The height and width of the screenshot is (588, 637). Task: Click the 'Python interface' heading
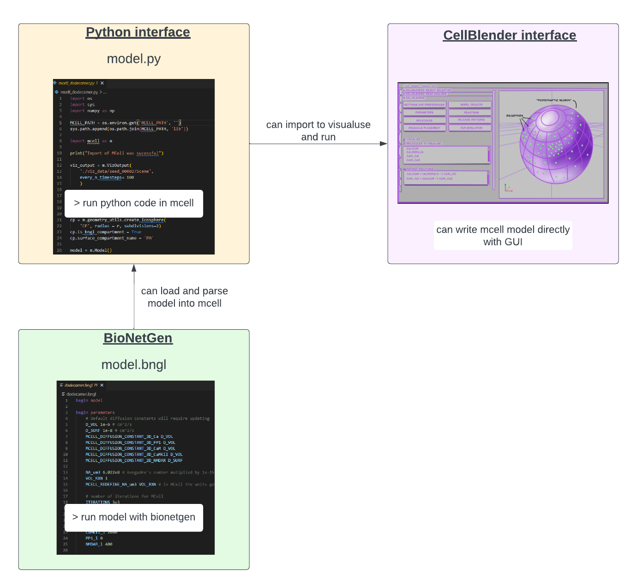point(138,32)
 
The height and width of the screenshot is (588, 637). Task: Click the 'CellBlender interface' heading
point(510,36)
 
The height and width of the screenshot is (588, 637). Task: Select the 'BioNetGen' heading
point(138,338)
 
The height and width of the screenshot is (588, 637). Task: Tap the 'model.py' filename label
point(134,59)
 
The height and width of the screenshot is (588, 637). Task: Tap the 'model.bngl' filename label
point(134,365)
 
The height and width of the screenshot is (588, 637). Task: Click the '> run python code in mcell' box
point(134,203)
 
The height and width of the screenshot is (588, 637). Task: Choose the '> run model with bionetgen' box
point(134,517)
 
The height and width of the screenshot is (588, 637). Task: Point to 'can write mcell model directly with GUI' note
point(503,236)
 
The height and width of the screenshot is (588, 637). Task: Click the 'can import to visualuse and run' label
point(318,131)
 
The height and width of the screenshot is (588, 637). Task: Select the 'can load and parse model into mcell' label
point(185,297)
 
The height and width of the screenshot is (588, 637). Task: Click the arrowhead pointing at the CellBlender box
point(384,144)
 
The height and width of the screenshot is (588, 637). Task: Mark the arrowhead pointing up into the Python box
point(134,267)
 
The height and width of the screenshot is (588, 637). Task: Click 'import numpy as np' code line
point(92,111)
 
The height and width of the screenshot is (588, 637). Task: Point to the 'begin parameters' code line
point(95,412)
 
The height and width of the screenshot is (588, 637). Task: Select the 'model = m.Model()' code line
point(91,250)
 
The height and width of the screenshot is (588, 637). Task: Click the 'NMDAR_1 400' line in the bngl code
point(99,544)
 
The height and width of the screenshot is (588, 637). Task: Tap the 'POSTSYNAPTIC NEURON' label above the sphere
point(554,100)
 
